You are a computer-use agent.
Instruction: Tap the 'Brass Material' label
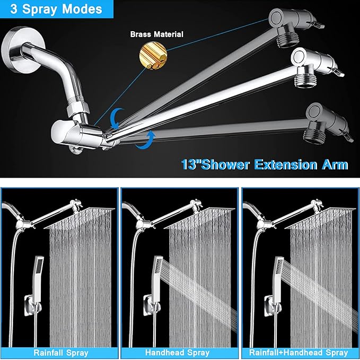[x=157, y=34]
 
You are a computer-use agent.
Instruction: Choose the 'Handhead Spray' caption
[x=180, y=352]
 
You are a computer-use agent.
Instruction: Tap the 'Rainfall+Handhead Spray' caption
[x=300, y=352]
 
